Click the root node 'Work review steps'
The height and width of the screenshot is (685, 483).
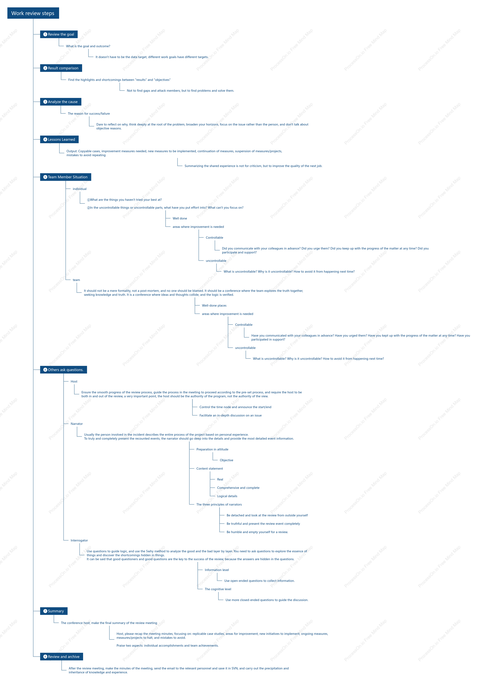(x=33, y=13)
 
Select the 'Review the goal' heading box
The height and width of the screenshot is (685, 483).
(x=59, y=34)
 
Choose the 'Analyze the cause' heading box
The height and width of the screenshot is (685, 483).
(x=61, y=102)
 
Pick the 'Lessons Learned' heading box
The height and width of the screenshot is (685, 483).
(x=59, y=139)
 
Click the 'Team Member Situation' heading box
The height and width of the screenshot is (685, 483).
(x=66, y=177)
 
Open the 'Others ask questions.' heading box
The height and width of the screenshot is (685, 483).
(x=64, y=370)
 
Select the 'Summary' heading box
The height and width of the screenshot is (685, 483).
(x=54, y=611)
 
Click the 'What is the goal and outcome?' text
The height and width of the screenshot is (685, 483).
(x=88, y=46)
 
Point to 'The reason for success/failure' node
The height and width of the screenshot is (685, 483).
(x=89, y=114)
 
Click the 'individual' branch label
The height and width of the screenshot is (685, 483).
(x=80, y=189)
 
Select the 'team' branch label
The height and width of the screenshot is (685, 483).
(x=76, y=280)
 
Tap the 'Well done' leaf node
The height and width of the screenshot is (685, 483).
(x=180, y=218)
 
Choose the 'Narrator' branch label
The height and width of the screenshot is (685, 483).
(x=77, y=424)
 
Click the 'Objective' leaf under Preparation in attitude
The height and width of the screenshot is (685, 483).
(x=227, y=460)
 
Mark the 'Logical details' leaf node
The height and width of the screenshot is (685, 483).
(x=227, y=496)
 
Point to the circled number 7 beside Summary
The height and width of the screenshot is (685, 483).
(x=45, y=611)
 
